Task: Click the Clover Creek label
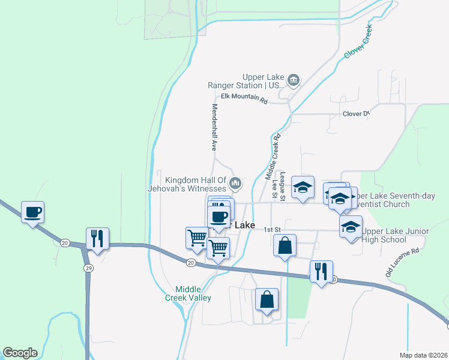(x=359, y=41)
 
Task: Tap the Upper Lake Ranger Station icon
(x=294, y=79)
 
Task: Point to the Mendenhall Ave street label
(x=214, y=127)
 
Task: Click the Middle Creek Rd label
(x=273, y=157)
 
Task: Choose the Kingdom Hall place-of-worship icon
(x=235, y=182)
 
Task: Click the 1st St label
(x=273, y=229)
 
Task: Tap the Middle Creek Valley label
(x=189, y=293)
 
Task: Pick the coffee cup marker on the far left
(x=32, y=212)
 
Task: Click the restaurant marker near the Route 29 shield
(x=97, y=238)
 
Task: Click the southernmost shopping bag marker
(x=267, y=299)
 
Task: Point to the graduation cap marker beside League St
(x=303, y=187)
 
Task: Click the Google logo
(x=20, y=353)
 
